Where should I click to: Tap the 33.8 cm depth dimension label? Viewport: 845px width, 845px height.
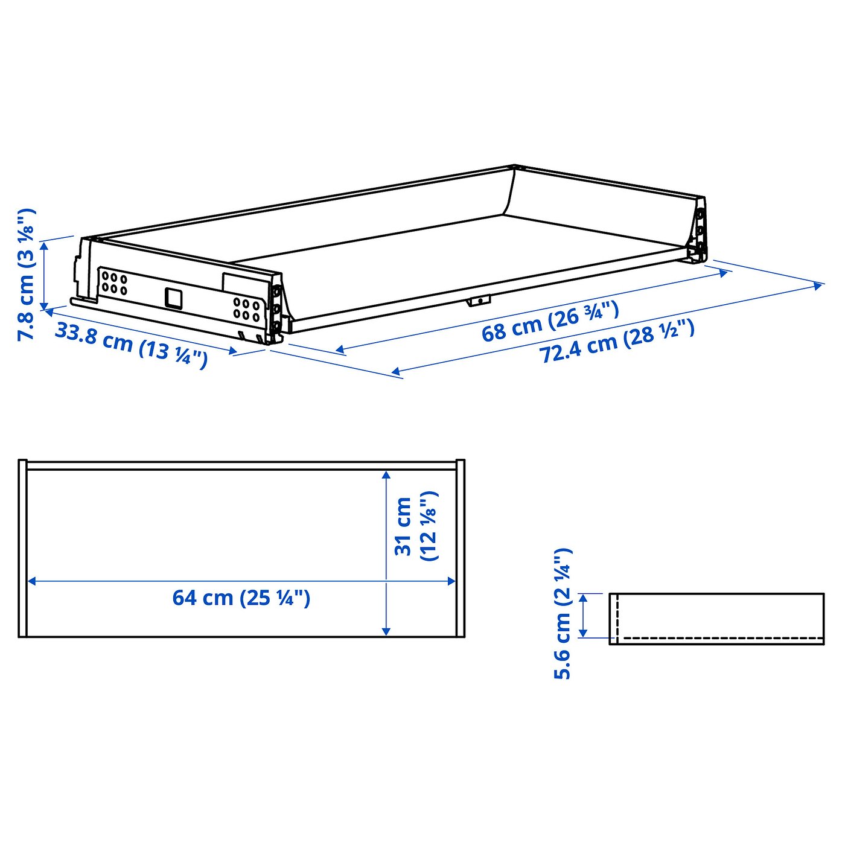[132, 346]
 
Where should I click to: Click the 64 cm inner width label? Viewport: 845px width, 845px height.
[241, 598]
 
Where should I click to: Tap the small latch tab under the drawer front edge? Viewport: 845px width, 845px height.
[479, 301]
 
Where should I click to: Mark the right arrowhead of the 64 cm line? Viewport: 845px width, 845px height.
[451, 581]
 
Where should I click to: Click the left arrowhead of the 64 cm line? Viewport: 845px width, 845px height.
[32, 581]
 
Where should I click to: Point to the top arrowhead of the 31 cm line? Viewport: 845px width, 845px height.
[386, 476]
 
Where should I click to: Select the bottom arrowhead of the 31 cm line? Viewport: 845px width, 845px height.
[386, 631]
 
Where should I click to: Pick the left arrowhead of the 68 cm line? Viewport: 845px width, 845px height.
[340, 349]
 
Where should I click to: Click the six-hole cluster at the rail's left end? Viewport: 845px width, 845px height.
[114, 283]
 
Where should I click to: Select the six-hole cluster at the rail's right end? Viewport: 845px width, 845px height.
[247, 308]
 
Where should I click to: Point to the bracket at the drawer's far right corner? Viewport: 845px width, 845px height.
[699, 235]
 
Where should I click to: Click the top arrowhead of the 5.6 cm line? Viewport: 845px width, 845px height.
[583, 598]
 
